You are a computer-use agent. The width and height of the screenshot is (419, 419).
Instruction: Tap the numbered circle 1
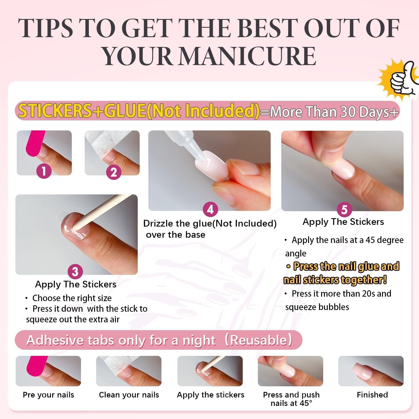(44, 171)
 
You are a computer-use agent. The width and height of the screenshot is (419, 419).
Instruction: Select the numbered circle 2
(113, 172)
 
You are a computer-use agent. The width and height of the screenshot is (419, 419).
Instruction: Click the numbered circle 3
(75, 272)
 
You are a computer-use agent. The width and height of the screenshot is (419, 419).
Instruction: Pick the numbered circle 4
(210, 209)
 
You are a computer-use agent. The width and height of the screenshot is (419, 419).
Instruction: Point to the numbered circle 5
(344, 210)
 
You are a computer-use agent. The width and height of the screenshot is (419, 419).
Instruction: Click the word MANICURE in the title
(247, 56)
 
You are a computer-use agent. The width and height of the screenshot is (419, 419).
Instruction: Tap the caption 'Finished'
(372, 395)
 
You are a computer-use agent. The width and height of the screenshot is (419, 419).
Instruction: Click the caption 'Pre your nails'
(48, 395)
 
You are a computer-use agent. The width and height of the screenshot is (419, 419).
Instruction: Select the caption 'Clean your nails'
(129, 395)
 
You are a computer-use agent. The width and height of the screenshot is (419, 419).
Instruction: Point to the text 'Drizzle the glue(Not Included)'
(210, 223)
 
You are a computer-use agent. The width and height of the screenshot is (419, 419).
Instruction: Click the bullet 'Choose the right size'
(72, 298)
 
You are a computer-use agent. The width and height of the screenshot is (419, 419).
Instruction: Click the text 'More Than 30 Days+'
(334, 112)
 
